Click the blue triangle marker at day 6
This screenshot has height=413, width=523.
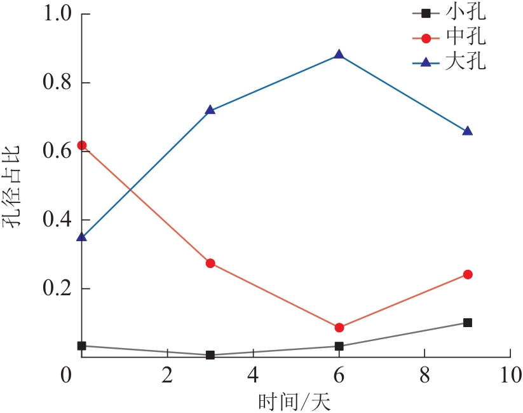tap(339, 55)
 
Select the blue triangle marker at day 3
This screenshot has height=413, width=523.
tap(210, 110)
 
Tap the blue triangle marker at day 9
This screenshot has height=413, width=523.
tap(468, 131)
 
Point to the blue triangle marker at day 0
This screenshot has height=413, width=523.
tap(81, 237)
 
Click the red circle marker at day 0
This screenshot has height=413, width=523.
tap(81, 145)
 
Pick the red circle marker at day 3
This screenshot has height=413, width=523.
tap(210, 263)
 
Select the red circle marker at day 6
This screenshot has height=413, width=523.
tap(339, 327)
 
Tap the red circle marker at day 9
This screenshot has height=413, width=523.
tap(468, 274)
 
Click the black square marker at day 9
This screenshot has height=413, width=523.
tap(468, 323)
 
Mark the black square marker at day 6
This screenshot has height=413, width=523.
tap(339, 346)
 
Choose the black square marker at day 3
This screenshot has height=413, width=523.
tap(210, 355)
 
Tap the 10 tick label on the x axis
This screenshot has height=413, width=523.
tap(510, 375)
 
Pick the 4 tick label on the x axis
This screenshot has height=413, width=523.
tap(253, 375)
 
